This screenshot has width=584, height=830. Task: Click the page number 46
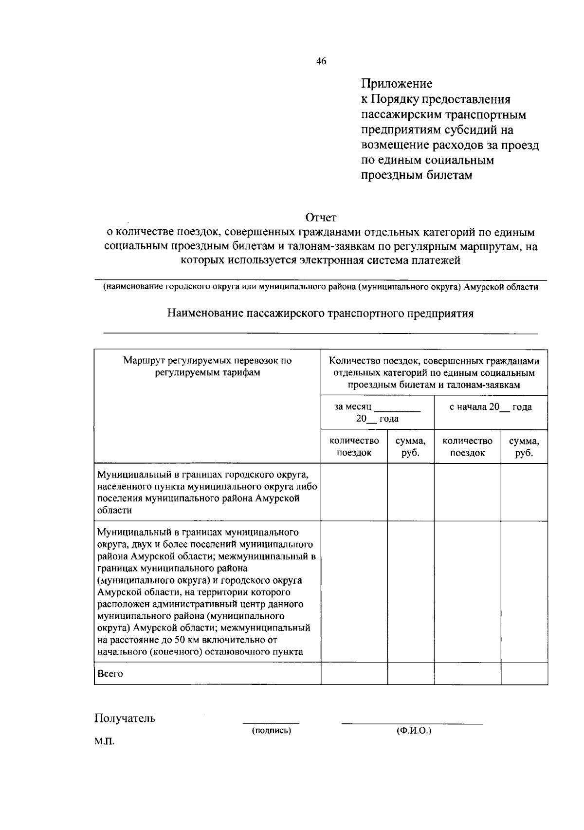click(x=321, y=61)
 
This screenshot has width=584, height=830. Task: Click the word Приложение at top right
click(x=397, y=84)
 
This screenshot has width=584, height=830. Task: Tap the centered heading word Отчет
click(x=321, y=217)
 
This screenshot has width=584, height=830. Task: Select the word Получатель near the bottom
click(x=125, y=718)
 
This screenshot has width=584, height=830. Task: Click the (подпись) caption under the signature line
click(x=272, y=731)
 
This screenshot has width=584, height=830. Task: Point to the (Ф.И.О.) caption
click(x=414, y=731)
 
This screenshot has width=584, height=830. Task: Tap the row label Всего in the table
click(x=110, y=674)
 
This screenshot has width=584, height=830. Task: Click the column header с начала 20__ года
click(x=491, y=407)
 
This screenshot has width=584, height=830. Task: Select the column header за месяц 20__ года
click(x=377, y=412)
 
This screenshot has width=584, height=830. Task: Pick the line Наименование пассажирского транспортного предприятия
click(x=320, y=314)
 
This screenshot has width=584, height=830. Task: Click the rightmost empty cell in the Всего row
click(x=524, y=674)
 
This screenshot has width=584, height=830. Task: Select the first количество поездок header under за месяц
click(x=354, y=446)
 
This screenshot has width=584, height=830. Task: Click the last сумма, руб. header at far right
click(x=524, y=446)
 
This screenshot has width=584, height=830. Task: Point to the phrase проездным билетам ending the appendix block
click(x=417, y=175)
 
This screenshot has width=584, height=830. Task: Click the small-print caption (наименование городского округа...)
click(x=320, y=287)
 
